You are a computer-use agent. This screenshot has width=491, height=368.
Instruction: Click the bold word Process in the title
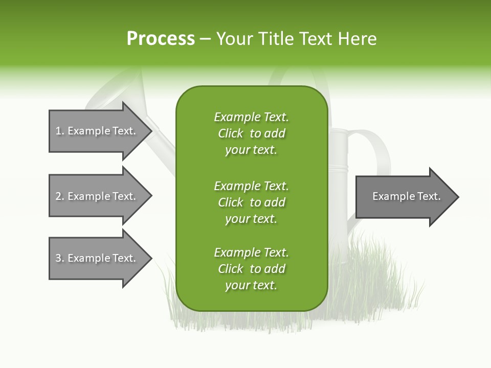point(161,39)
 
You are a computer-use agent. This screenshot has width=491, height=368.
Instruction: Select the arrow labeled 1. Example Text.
point(97,131)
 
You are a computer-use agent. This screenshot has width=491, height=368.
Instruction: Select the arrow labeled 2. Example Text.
point(97,196)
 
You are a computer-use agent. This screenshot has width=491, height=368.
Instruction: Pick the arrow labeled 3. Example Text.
point(97,258)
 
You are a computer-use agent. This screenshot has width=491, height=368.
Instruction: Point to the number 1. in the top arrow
point(60,131)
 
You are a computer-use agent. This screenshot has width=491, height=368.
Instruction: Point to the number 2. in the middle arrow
point(60,196)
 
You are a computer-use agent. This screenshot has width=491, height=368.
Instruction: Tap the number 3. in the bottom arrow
point(60,258)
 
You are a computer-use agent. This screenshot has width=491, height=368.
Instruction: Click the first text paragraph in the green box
point(251,133)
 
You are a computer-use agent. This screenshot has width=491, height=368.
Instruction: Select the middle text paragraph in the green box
point(251,202)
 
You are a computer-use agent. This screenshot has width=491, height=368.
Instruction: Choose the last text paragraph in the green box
point(251,269)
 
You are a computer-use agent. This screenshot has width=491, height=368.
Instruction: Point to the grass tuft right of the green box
point(378,286)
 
